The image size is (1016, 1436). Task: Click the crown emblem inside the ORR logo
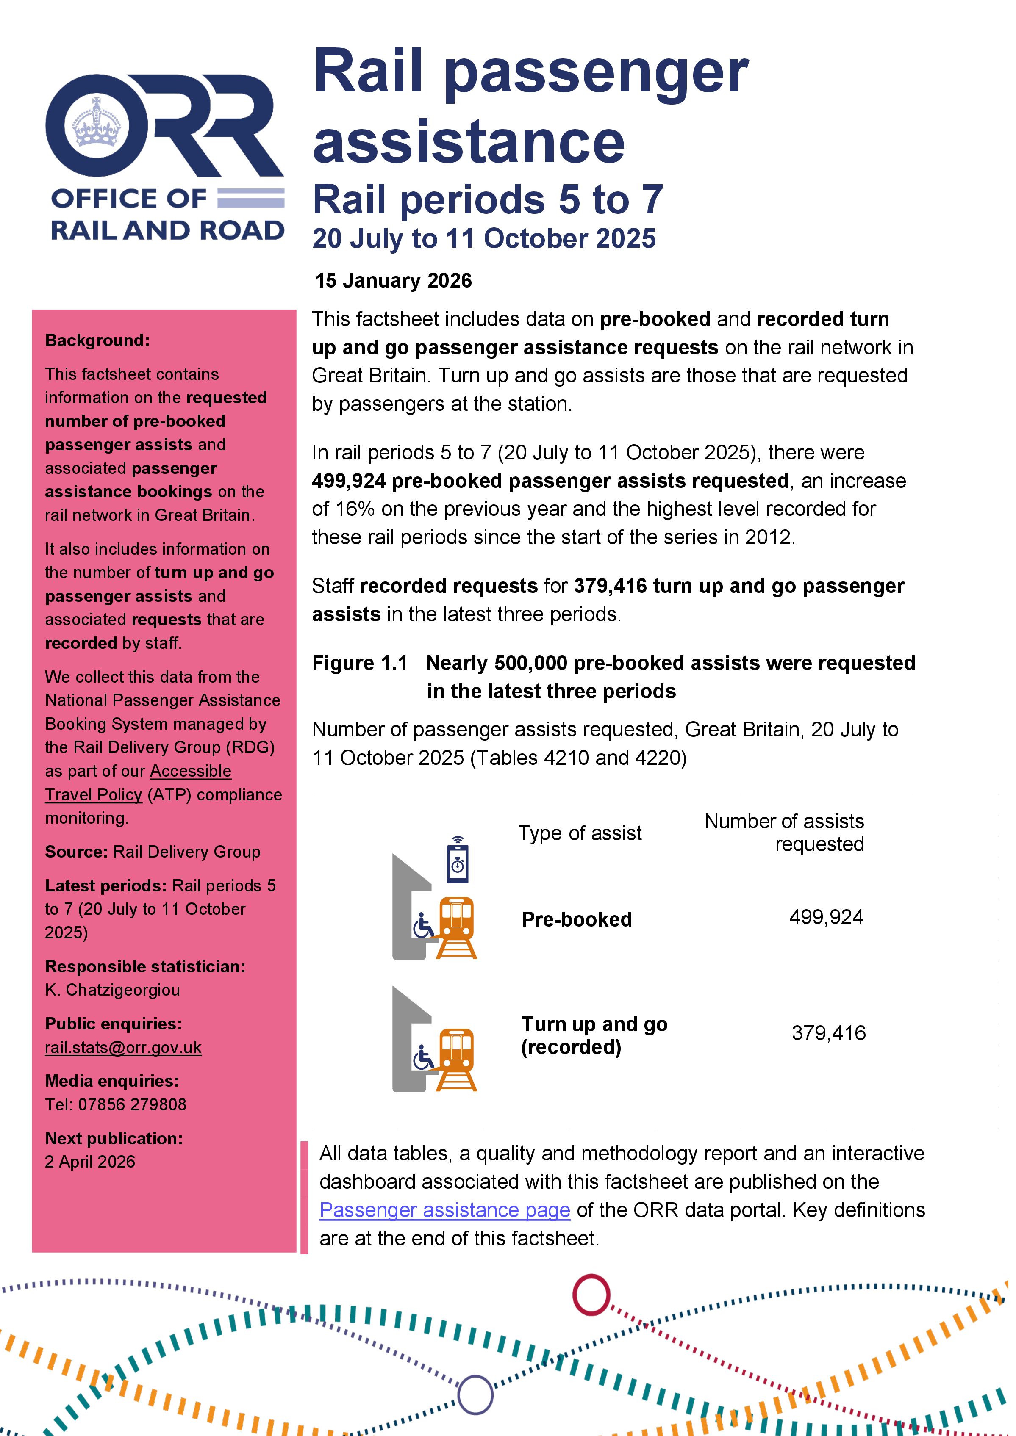tap(96, 123)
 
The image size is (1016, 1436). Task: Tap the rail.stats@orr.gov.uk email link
tap(123, 1048)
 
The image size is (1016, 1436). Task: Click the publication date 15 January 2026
tap(393, 281)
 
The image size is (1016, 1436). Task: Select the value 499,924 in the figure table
tap(826, 918)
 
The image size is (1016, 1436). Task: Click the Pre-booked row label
tap(576, 919)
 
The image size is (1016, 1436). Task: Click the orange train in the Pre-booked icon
tap(457, 922)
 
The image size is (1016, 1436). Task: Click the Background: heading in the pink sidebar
tap(97, 340)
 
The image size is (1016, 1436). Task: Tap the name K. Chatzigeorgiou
tap(113, 990)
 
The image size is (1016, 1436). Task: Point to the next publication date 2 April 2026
tap(90, 1162)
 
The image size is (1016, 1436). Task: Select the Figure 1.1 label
tap(360, 663)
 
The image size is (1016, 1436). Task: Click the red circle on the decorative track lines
tap(591, 1295)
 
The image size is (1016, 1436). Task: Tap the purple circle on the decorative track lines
tap(475, 1395)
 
